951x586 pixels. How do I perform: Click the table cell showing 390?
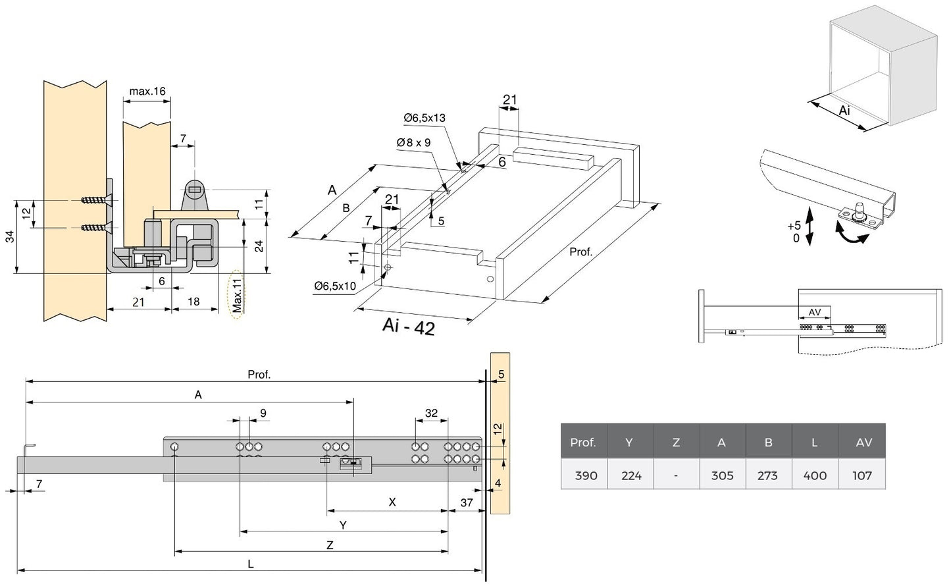585,475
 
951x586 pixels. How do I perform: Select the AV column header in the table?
863,442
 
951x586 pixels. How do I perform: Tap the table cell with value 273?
767,475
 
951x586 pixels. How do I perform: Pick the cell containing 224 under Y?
630,475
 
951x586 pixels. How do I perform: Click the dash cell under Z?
676,475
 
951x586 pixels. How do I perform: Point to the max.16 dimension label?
147,91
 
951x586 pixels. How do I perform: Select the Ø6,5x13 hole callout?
424,118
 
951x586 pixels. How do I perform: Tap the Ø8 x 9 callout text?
413,142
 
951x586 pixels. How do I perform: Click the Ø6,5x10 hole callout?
335,286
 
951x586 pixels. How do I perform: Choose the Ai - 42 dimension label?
408,327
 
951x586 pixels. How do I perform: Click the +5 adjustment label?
794,226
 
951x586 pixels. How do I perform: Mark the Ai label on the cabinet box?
845,111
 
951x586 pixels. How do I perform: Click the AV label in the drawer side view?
814,312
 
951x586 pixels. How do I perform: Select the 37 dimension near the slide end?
466,502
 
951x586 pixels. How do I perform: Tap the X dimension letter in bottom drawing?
392,502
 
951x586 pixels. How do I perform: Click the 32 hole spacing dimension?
431,413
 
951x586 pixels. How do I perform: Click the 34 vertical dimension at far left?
11,237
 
